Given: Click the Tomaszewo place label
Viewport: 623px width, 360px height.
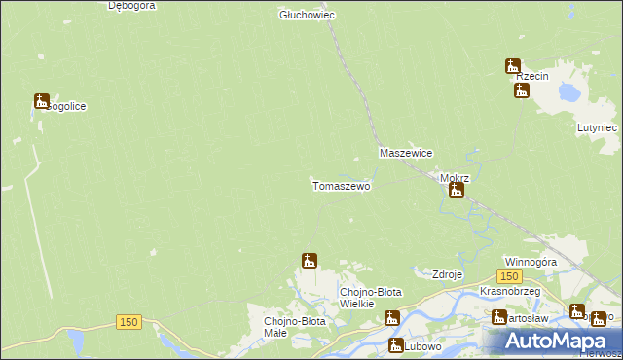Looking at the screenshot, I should [x=341, y=185].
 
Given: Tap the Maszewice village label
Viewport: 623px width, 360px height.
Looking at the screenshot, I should [x=406, y=154].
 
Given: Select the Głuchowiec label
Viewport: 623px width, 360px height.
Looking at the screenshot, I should [x=307, y=15].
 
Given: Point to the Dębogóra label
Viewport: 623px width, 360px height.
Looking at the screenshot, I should [x=133, y=5].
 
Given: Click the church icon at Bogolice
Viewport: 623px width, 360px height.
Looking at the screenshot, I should [x=42, y=100].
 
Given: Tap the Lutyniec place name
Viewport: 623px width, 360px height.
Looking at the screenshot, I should [x=597, y=127].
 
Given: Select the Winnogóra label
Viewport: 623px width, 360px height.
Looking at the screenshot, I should [x=531, y=262].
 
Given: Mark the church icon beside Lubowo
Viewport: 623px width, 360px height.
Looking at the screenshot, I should [x=396, y=344].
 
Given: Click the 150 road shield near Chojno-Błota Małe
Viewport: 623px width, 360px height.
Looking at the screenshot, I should [x=128, y=321].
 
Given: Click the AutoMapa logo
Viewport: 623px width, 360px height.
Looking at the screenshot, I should [x=558, y=342].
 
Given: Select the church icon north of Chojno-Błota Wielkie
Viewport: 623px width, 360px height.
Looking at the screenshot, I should [x=310, y=260].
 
